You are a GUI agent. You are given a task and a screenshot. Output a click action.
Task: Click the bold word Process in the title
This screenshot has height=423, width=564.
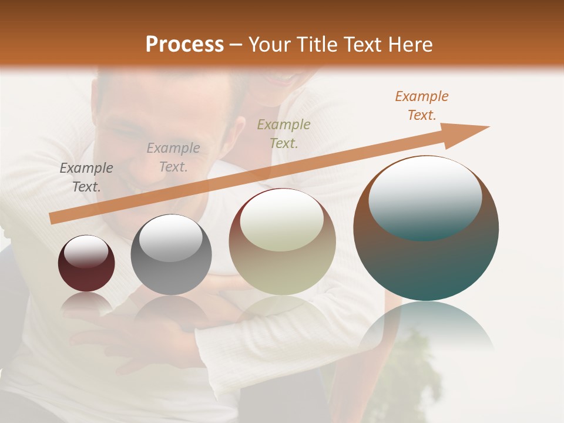tap(184, 45)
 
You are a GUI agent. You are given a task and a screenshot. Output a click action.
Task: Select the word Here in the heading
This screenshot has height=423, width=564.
tap(409, 45)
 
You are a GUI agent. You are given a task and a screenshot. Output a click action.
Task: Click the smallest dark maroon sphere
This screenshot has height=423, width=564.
tap(86, 264)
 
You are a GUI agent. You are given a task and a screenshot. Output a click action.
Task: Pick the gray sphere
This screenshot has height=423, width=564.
tap(171, 255)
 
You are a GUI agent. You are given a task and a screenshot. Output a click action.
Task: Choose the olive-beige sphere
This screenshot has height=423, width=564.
tap(283, 242)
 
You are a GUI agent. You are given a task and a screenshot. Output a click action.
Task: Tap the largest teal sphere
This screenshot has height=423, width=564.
tap(426, 229)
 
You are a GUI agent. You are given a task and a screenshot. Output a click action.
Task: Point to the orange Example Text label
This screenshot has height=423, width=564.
tap(421, 106)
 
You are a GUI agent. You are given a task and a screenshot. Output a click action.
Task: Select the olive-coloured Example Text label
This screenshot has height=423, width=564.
tap(284, 133)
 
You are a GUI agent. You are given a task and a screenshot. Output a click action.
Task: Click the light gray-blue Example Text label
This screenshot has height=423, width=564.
tap(173, 157)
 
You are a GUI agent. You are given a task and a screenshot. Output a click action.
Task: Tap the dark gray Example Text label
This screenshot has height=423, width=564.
tap(86, 177)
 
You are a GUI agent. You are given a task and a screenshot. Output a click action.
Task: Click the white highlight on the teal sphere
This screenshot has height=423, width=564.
tap(425, 197)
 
